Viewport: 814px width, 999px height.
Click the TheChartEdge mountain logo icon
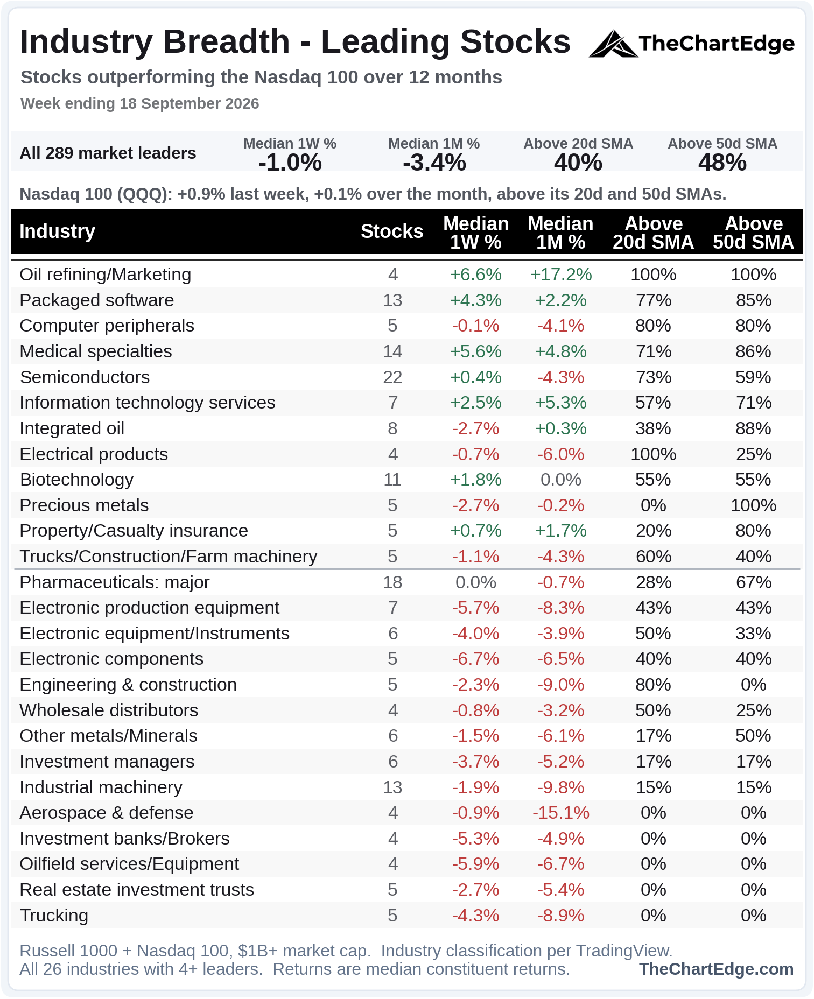pos(613,44)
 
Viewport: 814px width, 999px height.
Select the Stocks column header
pos(392,231)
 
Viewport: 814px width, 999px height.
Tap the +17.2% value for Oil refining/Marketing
pos(561,275)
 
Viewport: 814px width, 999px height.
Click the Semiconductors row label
pos(85,377)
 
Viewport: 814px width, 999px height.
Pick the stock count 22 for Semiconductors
pos(392,377)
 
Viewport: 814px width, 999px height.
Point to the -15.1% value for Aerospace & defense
pos(561,813)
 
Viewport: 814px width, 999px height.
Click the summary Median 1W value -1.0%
pos(290,162)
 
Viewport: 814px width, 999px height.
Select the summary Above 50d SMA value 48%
pos(722,162)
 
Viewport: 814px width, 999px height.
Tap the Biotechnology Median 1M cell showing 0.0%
pos(561,480)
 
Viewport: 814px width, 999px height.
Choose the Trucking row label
pos(54,916)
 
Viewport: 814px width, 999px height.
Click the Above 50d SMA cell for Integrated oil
pos(754,428)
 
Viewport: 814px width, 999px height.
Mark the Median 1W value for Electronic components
pos(476,659)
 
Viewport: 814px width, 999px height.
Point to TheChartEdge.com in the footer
pos(717,969)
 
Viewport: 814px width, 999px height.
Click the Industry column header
pos(58,231)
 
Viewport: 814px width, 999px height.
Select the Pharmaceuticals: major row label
pos(115,582)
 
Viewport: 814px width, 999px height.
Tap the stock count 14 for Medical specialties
pos(392,351)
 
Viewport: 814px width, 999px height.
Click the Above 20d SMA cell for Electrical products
pos(654,454)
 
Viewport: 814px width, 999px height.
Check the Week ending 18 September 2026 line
pos(140,103)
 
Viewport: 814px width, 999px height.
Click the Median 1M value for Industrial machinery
pos(561,787)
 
